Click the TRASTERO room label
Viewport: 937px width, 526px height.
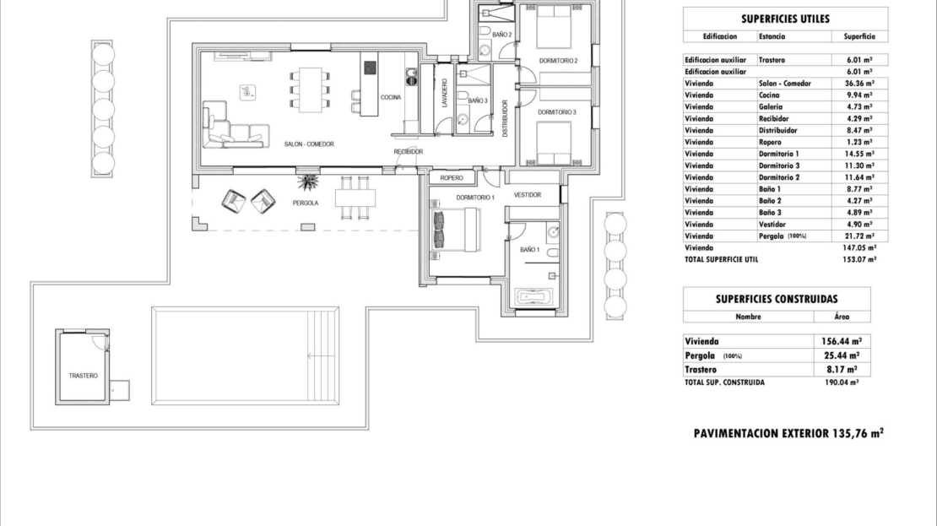pos(83,376)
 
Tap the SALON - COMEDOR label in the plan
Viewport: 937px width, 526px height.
pos(309,144)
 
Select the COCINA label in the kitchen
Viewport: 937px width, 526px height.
pos(391,97)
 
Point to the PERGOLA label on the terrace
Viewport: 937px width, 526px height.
pos(306,203)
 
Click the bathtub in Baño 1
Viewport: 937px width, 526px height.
pos(535,297)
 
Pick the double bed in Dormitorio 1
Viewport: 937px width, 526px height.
pos(455,230)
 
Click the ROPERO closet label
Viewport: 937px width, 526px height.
pos(452,178)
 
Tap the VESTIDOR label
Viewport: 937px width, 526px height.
pos(528,195)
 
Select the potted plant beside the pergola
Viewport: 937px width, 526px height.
pos(308,182)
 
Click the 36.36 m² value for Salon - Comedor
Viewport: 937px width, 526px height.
pos(859,84)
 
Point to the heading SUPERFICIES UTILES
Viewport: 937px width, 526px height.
pos(785,19)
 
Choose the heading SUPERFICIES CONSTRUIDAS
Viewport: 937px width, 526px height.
pos(777,299)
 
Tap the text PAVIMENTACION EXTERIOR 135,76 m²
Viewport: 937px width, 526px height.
pos(788,433)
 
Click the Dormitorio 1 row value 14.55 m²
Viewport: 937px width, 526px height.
pos(859,155)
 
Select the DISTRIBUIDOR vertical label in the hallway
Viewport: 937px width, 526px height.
pos(505,118)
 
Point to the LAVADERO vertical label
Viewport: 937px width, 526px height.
pos(444,93)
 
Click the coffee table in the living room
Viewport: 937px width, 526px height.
pos(248,93)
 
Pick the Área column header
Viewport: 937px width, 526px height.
pos(842,317)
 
